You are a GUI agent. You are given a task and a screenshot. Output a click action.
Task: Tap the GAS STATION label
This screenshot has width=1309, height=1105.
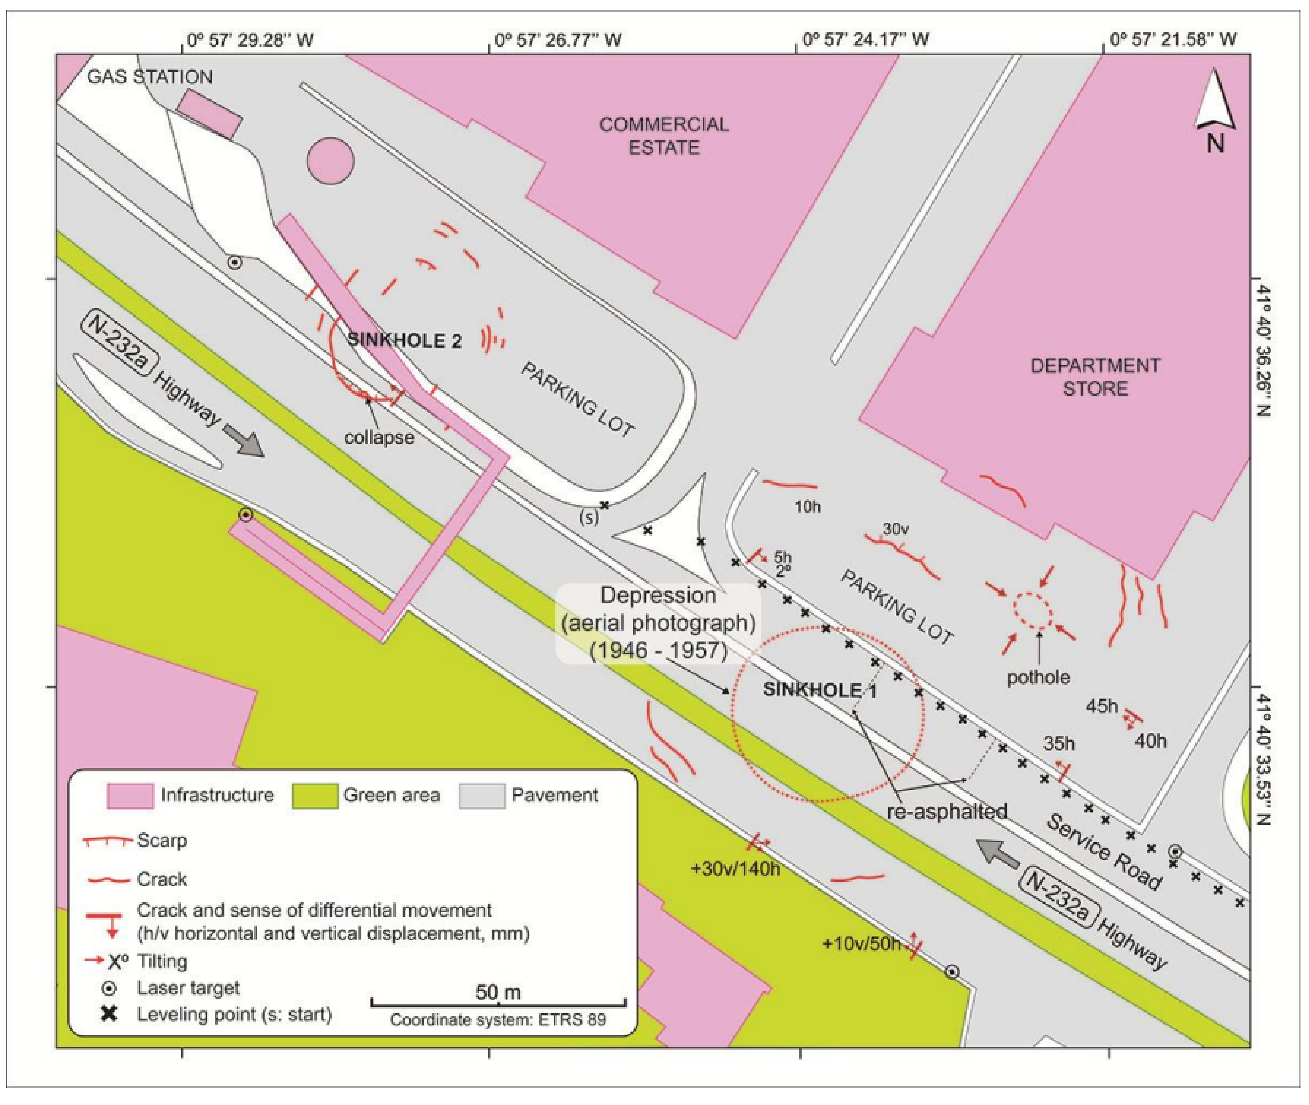pyautogui.click(x=150, y=77)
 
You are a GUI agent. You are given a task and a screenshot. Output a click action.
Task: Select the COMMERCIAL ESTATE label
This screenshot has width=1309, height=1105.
pyautogui.click(x=664, y=136)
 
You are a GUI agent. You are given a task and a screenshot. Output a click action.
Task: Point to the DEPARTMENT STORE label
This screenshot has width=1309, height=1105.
pyautogui.click(x=1095, y=377)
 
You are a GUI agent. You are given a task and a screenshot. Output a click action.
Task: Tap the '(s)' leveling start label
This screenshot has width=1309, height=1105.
pyautogui.click(x=589, y=517)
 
